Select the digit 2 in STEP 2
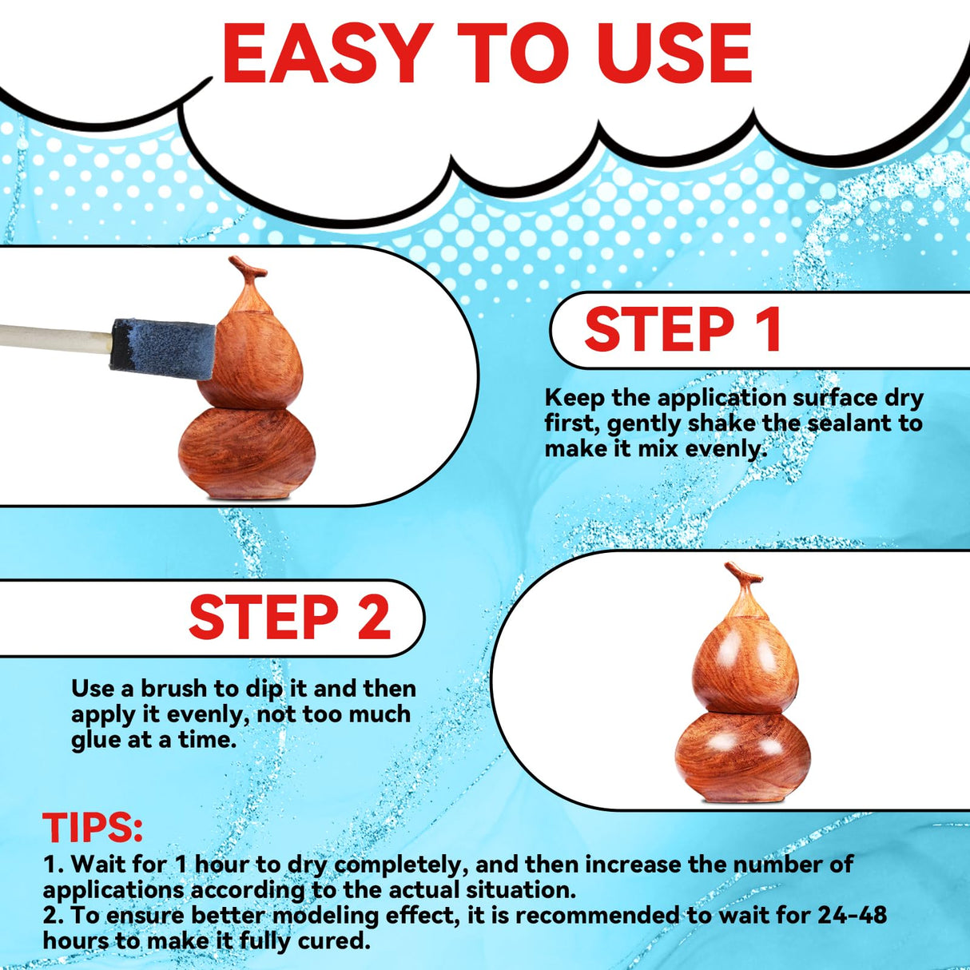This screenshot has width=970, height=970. (x=374, y=618)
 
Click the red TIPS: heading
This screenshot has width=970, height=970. (x=93, y=828)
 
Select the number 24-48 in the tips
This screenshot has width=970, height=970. (x=852, y=915)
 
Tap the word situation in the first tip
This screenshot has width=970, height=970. (x=516, y=889)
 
